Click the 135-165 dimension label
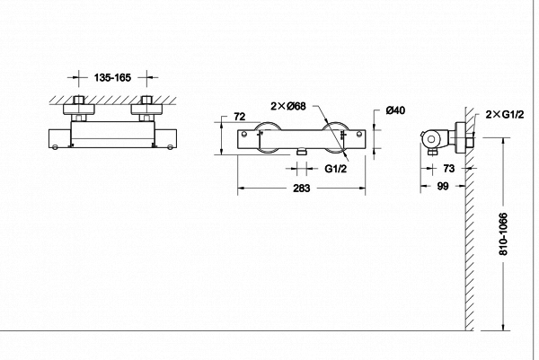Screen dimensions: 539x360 pyautogui.click(x=112, y=77)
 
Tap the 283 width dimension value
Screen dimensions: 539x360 pyautogui.click(x=301, y=189)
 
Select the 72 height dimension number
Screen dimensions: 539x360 pyautogui.click(x=240, y=117)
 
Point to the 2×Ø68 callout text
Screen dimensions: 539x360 pyautogui.click(x=288, y=106)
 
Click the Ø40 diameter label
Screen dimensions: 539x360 pyautogui.click(x=395, y=110)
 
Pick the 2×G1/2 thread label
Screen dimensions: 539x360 pyautogui.click(x=505, y=114)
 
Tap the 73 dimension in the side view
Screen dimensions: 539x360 pyautogui.click(x=448, y=168)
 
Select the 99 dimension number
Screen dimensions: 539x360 pyautogui.click(x=443, y=186)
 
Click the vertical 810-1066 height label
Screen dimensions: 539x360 pyautogui.click(x=503, y=234)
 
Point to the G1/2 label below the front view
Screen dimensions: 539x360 pyautogui.click(x=336, y=169)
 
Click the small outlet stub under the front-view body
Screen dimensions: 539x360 pyautogui.click(x=302, y=151)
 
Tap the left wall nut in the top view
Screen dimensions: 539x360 pyautogui.click(x=79, y=110)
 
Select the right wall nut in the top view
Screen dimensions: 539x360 pyautogui.click(x=146, y=110)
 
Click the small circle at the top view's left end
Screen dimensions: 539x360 pyautogui.click(x=55, y=147)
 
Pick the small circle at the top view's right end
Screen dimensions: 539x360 pyautogui.click(x=170, y=147)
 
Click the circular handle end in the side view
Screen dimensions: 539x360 pyautogui.click(x=430, y=139)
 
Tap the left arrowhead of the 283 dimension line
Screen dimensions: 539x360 pyautogui.click(x=241, y=189)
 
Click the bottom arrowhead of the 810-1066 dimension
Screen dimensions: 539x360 pyautogui.click(x=503, y=327)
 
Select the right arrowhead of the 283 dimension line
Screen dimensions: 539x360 pyautogui.click(x=362, y=189)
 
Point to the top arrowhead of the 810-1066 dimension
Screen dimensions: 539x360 pyautogui.click(x=503, y=142)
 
